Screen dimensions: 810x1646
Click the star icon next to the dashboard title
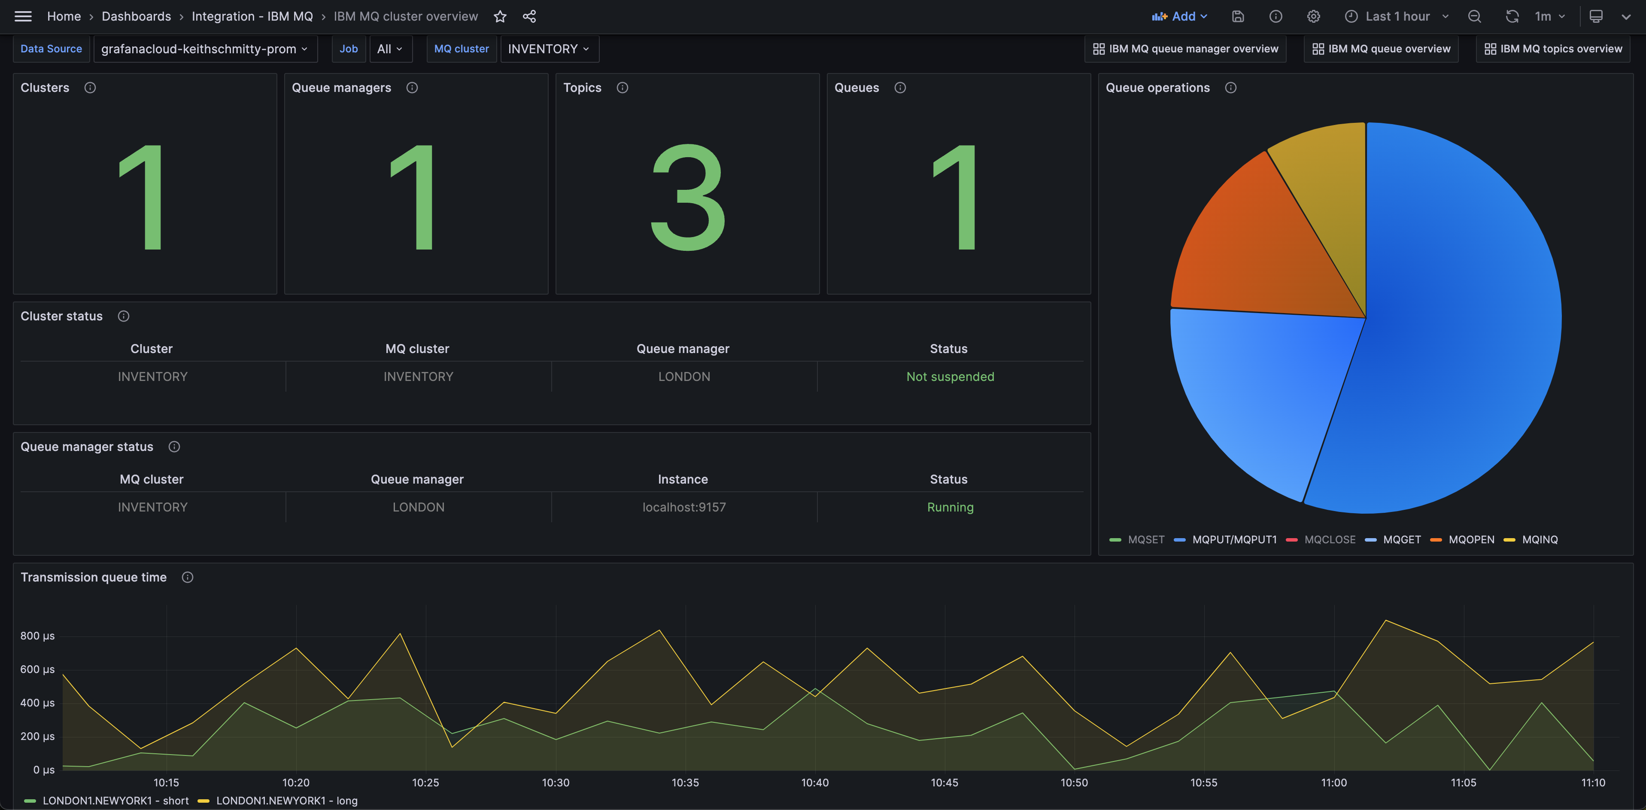tap(500, 17)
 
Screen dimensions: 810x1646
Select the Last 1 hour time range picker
tap(1397, 17)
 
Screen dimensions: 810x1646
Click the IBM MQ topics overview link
tap(1553, 49)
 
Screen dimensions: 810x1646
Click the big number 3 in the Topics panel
tap(687, 198)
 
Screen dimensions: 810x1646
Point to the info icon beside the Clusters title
tap(90, 88)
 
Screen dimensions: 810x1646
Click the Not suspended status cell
tap(950, 377)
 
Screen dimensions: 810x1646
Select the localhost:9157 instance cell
tap(684, 507)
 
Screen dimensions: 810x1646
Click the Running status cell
tap(950, 507)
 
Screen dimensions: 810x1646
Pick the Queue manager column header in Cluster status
tap(683, 348)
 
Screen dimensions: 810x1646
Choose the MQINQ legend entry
tap(1539, 539)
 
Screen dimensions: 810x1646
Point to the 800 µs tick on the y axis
tap(37, 636)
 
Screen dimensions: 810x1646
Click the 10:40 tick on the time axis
tap(815, 783)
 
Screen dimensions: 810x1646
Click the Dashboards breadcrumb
tap(136, 17)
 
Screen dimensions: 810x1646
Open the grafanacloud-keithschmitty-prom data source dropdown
tap(204, 49)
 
